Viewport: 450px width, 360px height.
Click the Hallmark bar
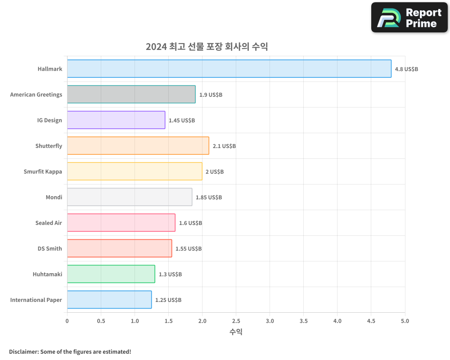(229, 69)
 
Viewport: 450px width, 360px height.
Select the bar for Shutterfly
(138, 146)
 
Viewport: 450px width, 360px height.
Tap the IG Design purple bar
(116, 120)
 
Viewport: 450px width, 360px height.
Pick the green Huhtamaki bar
(111, 274)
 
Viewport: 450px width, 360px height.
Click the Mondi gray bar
(130, 197)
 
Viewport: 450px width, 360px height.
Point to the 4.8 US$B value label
(406, 69)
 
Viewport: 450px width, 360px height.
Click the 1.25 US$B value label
(168, 300)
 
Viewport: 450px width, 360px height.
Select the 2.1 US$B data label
(224, 146)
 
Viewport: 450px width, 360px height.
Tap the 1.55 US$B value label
(189, 249)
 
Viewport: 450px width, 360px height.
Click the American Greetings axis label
(36, 94)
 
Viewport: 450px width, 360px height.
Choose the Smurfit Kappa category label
(43, 171)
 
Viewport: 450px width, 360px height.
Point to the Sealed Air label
(49, 223)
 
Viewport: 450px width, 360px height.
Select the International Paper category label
(36, 300)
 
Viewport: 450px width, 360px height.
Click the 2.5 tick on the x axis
(236, 321)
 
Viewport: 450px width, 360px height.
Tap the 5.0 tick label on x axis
(405, 321)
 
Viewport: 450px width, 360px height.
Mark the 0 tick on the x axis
(67, 321)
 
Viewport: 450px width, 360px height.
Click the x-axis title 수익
(236, 332)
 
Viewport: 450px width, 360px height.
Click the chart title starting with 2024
(207, 47)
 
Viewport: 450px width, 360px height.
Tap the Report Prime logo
(409, 18)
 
